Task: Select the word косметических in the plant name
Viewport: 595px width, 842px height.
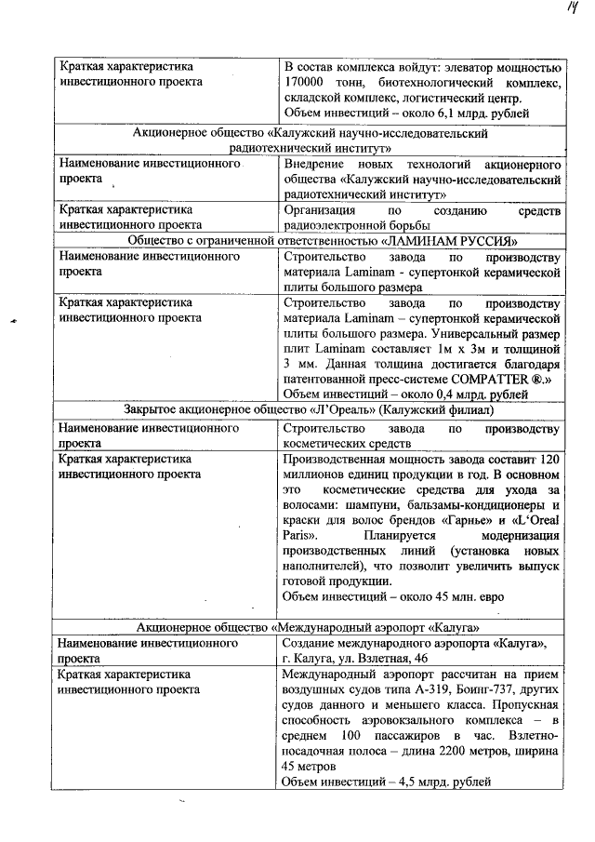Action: (326, 444)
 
